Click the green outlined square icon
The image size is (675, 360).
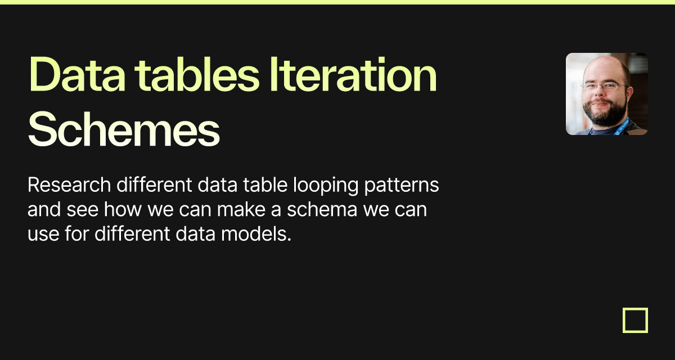[635, 320]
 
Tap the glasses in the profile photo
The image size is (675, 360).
[604, 87]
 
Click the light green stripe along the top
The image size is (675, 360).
[337, 2]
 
